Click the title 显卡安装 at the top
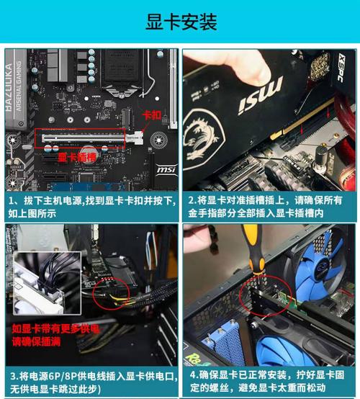181,22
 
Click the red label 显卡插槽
77,156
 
